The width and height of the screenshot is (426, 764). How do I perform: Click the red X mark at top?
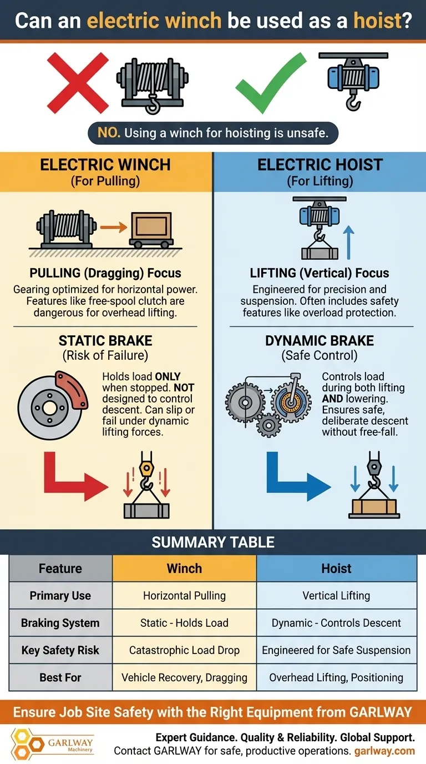pyautogui.click(x=78, y=83)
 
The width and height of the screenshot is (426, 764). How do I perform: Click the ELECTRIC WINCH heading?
pyautogui.click(x=105, y=164)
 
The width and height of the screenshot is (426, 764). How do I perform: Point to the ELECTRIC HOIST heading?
pyautogui.click(x=320, y=164)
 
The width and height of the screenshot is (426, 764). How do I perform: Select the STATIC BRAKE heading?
pyautogui.click(x=105, y=340)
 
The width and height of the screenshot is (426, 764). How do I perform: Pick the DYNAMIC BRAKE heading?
pyautogui.click(x=319, y=340)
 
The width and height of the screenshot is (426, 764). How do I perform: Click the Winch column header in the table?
pyautogui.click(x=184, y=569)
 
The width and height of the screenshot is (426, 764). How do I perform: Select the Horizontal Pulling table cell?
pyautogui.click(x=184, y=596)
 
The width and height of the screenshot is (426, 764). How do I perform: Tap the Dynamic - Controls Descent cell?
pyautogui.click(x=336, y=623)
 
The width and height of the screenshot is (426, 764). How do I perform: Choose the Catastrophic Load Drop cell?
pyautogui.click(x=184, y=650)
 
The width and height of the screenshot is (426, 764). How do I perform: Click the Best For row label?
pyautogui.click(x=60, y=677)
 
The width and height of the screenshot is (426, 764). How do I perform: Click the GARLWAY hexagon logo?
pyautogui.click(x=23, y=744)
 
